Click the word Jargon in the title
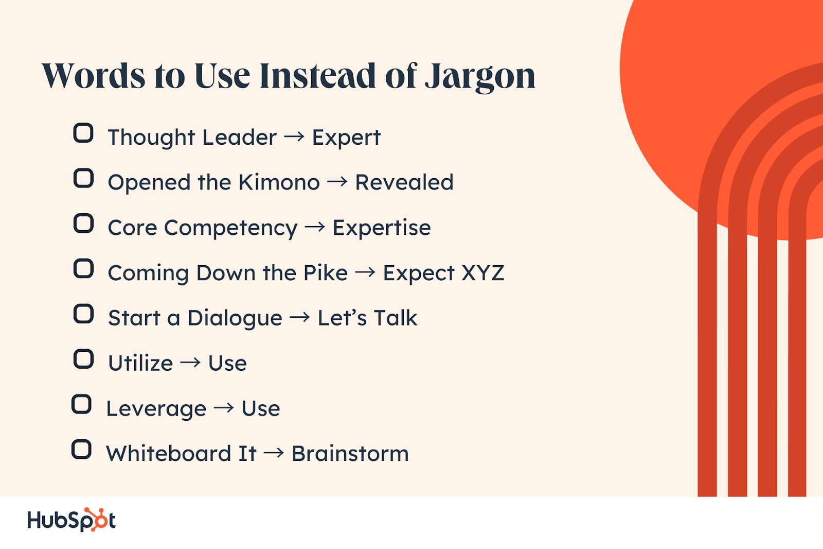pos(480,78)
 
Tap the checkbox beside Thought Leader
pos(83,133)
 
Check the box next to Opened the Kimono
pos(83,178)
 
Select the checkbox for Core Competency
pos(83,224)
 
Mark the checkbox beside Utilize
pos(83,359)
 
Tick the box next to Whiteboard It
pos(81,449)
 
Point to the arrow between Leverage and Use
pos(224,408)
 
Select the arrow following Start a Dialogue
pos(300,318)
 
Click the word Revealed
pos(404,182)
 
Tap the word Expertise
pos(382,228)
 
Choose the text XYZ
pos(483,273)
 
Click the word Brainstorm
pos(350,453)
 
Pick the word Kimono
pos(279,182)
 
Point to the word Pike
pos(326,273)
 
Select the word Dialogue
pos(235,318)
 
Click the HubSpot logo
pos(71,520)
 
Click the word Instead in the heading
pos(318,76)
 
